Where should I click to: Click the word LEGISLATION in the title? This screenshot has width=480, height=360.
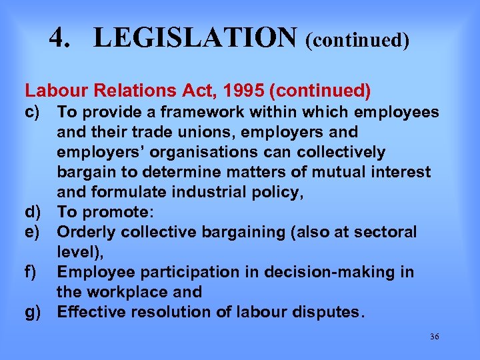[x=195, y=38]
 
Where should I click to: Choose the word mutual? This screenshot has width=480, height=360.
[x=346, y=172]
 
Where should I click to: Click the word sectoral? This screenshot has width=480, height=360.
[x=385, y=232]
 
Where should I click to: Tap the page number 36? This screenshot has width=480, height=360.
[x=434, y=337]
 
